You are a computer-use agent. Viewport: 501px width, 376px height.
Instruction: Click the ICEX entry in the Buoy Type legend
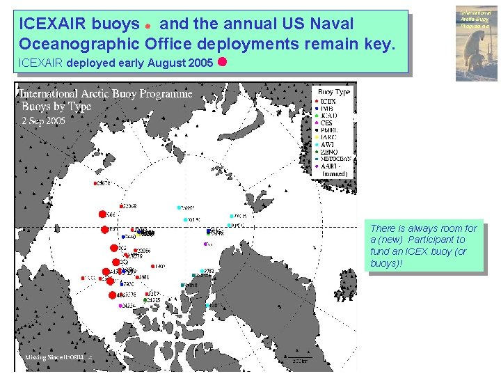[x=327, y=102]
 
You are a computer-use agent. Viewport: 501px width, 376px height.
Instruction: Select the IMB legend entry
[x=326, y=109]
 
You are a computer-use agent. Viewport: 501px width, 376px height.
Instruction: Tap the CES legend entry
[x=326, y=123]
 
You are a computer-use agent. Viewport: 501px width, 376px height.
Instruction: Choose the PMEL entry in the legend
[x=328, y=130]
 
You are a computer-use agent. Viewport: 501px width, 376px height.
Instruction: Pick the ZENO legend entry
[x=328, y=152]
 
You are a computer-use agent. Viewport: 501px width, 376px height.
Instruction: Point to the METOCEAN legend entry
[x=334, y=159]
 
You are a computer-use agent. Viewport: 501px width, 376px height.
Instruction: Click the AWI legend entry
[x=326, y=145]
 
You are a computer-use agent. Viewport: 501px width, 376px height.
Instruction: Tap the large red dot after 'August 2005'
[x=222, y=61]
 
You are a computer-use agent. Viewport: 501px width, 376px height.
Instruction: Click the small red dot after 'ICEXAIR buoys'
[x=148, y=26]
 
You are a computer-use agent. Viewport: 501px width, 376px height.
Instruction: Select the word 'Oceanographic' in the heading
[x=79, y=45]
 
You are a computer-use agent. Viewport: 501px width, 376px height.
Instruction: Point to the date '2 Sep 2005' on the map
[x=43, y=119]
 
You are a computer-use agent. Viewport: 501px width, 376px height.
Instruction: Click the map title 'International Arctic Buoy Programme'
[x=106, y=93]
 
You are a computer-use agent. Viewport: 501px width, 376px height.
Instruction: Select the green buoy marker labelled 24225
[x=145, y=300]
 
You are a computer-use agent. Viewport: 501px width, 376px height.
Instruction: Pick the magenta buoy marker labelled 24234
[x=121, y=306]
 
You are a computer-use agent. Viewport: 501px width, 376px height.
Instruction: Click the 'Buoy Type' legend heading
[x=333, y=92]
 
